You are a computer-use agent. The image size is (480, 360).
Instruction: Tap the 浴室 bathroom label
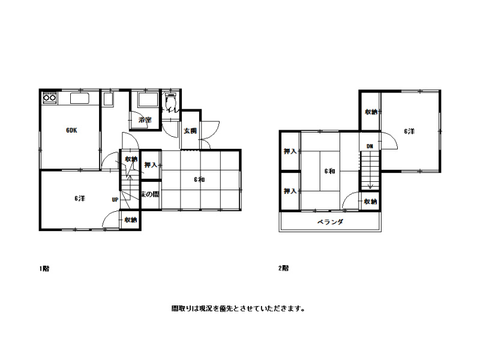[x=145, y=121]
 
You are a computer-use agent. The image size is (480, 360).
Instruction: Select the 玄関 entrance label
[x=190, y=131]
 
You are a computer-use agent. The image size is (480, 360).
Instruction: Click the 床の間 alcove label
[x=150, y=194]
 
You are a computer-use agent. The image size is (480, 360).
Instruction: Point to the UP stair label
[x=114, y=200]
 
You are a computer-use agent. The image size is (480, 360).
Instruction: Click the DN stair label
[x=370, y=146]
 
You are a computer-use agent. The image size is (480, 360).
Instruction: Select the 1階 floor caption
[x=44, y=269]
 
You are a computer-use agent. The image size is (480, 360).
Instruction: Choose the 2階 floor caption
[x=283, y=269]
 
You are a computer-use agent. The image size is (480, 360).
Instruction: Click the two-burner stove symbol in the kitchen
[x=49, y=98]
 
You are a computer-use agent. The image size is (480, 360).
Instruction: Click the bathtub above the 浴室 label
[x=145, y=100]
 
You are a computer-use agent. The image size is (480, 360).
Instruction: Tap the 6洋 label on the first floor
[x=80, y=199]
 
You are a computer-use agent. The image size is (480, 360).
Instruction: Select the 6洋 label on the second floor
[x=409, y=131]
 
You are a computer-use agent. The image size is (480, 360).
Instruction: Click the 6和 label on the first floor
[x=200, y=179]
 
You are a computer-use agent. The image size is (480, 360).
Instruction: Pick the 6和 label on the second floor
[x=329, y=172]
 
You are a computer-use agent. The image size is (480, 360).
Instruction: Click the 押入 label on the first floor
[x=151, y=165]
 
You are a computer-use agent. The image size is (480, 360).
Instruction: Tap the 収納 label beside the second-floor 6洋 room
[x=370, y=112]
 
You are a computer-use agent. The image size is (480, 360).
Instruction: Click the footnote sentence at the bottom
[x=239, y=310]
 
